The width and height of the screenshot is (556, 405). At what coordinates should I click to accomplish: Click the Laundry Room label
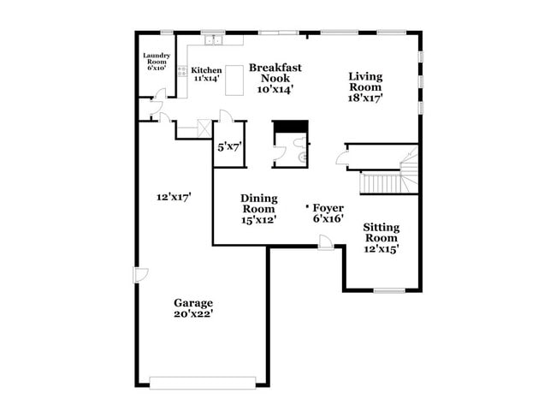[x=156, y=62]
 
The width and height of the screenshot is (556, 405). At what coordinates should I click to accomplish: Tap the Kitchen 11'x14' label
[x=206, y=74]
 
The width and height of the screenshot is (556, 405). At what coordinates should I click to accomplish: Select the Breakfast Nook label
[x=275, y=78]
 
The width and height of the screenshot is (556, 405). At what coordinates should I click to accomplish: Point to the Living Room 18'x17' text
[x=365, y=87]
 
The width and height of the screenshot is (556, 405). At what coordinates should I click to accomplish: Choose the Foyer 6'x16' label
[x=328, y=213]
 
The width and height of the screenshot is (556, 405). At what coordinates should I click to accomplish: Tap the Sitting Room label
[x=382, y=238]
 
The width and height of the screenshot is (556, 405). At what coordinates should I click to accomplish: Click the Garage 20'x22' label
[x=193, y=308]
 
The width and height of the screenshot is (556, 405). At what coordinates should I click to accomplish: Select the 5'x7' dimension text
[x=229, y=146]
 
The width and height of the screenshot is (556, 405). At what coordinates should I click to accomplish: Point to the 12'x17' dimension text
[x=174, y=196]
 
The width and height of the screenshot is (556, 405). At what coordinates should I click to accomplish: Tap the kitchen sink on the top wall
[x=211, y=39]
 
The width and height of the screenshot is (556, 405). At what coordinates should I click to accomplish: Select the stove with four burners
[x=181, y=72]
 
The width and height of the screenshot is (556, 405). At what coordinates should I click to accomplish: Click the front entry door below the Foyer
[x=325, y=244]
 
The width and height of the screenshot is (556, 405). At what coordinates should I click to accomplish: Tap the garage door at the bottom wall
[x=202, y=382]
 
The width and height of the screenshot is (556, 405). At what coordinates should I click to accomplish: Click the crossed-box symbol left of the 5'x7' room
[x=203, y=129]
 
